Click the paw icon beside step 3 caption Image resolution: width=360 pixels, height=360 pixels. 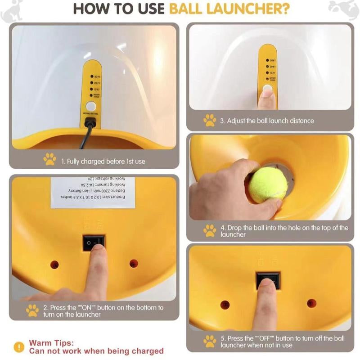210,120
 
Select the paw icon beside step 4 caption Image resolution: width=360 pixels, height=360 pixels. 210,231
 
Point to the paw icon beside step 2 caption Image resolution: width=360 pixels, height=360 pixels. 32,310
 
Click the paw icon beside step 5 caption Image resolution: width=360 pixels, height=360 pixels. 210,341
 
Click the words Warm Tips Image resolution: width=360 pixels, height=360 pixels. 48,343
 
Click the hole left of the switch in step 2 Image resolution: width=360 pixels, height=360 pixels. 54,264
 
